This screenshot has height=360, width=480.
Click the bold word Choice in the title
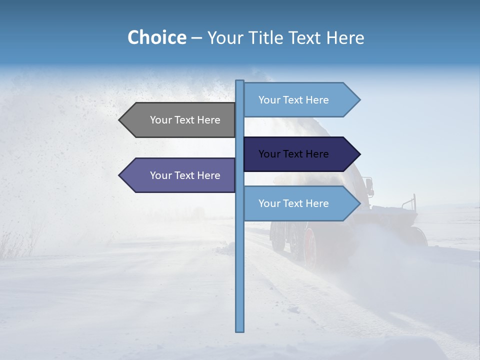click(156, 37)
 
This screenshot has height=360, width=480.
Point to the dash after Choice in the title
click(196, 38)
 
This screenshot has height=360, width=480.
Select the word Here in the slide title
click(345, 37)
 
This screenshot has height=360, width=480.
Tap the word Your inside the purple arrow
click(161, 175)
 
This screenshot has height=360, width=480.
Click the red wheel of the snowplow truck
click(310, 247)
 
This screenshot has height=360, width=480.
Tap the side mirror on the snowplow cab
click(369, 186)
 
